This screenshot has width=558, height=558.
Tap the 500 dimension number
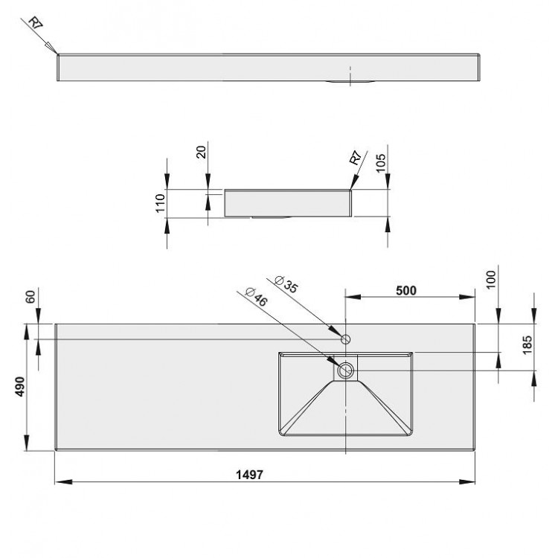point(405,290)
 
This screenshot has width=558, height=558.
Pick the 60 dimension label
point(31,297)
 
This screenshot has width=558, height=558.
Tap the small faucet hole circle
point(346,339)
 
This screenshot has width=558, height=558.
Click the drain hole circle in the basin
point(346,370)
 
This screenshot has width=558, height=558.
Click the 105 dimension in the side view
point(381,163)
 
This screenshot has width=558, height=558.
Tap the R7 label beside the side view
point(355,159)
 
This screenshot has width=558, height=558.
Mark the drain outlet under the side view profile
point(268,218)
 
